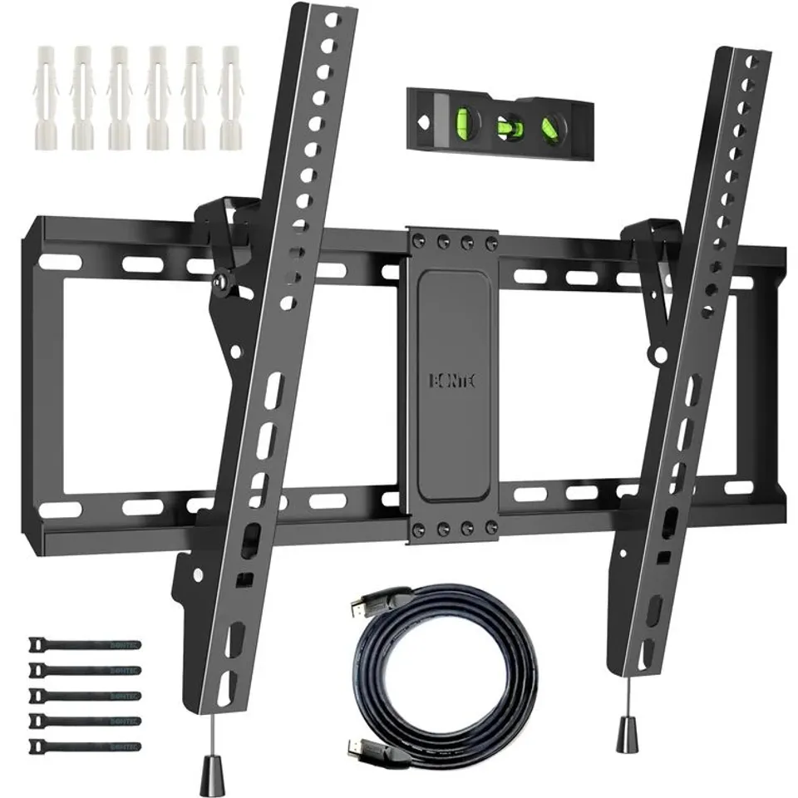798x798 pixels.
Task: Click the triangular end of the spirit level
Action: tap(421, 120)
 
